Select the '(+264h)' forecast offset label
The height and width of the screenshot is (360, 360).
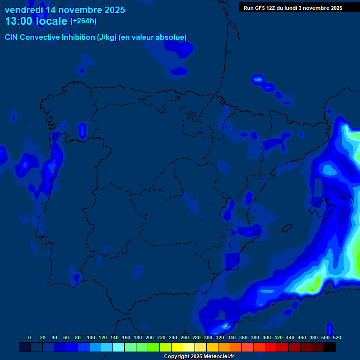coord(83,21)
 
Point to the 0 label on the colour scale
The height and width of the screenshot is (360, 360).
coord(30,337)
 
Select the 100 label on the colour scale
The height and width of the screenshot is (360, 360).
coord(91,337)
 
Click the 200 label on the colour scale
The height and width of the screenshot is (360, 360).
coord(150,337)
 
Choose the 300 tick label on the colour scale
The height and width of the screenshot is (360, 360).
coord(208,337)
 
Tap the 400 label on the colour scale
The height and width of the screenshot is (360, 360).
coord(267,337)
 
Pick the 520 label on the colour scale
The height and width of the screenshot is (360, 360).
coord(337,337)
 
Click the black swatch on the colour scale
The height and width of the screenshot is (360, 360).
coord(330,347)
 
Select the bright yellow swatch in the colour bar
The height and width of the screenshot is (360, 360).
coord(177,347)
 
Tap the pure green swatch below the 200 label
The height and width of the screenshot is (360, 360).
coord(154,347)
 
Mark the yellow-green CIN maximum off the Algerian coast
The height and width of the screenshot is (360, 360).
coord(317,283)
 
